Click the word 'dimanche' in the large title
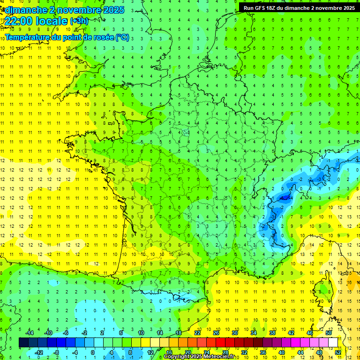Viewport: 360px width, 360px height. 25,10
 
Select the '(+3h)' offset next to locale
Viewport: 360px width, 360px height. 78,21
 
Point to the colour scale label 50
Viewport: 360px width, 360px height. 329,333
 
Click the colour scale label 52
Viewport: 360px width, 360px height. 338,352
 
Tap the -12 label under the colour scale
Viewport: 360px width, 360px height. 38,352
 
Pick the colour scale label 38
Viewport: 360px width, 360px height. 272,333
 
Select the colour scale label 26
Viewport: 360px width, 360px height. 216,333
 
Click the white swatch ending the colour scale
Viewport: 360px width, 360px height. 333,342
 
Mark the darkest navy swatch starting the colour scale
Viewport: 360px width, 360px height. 23,342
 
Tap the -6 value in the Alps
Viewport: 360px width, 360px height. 283,198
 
